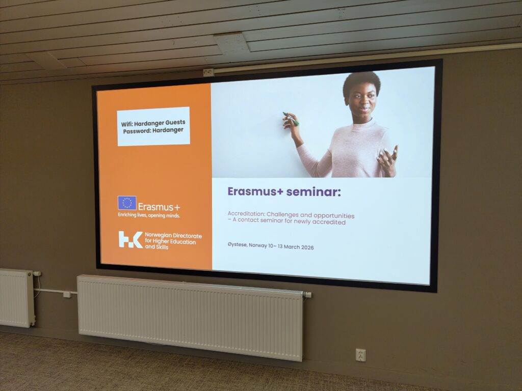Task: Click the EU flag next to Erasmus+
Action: (x=127, y=203)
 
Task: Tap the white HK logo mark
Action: (x=130, y=239)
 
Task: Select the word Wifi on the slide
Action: (x=126, y=124)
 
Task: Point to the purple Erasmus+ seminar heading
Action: (x=284, y=192)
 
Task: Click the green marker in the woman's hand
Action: (x=291, y=119)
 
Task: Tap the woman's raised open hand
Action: (x=387, y=159)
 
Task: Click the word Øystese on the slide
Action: (x=238, y=245)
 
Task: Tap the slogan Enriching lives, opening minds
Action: (x=149, y=215)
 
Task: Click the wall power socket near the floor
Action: (x=360, y=355)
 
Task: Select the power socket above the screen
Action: (x=208, y=72)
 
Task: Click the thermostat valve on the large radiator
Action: (x=307, y=295)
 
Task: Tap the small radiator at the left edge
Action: (x=16, y=298)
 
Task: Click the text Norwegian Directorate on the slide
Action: (x=173, y=235)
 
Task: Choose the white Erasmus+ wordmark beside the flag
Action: (x=159, y=207)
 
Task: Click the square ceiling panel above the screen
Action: (x=231, y=43)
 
